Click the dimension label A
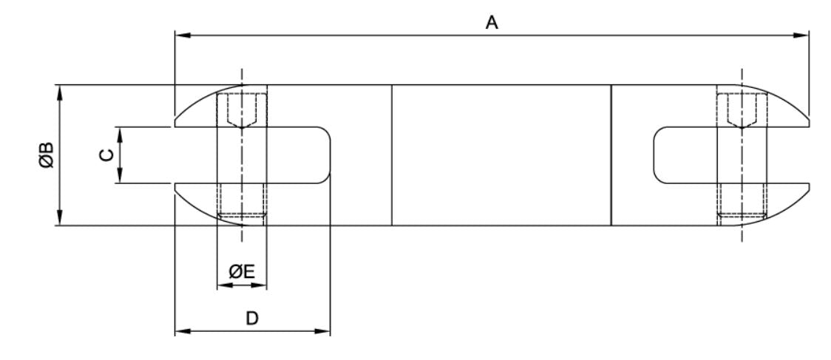pyautogui.click(x=490, y=23)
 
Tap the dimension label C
pyautogui.click(x=107, y=154)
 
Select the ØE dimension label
pyautogui.click(x=242, y=272)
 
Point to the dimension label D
pyautogui.click(x=252, y=318)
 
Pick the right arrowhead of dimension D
pyautogui.click(x=323, y=330)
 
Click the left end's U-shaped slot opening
pyautogui.click(x=288, y=155)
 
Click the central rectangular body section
pyautogui.click(x=501, y=155)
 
